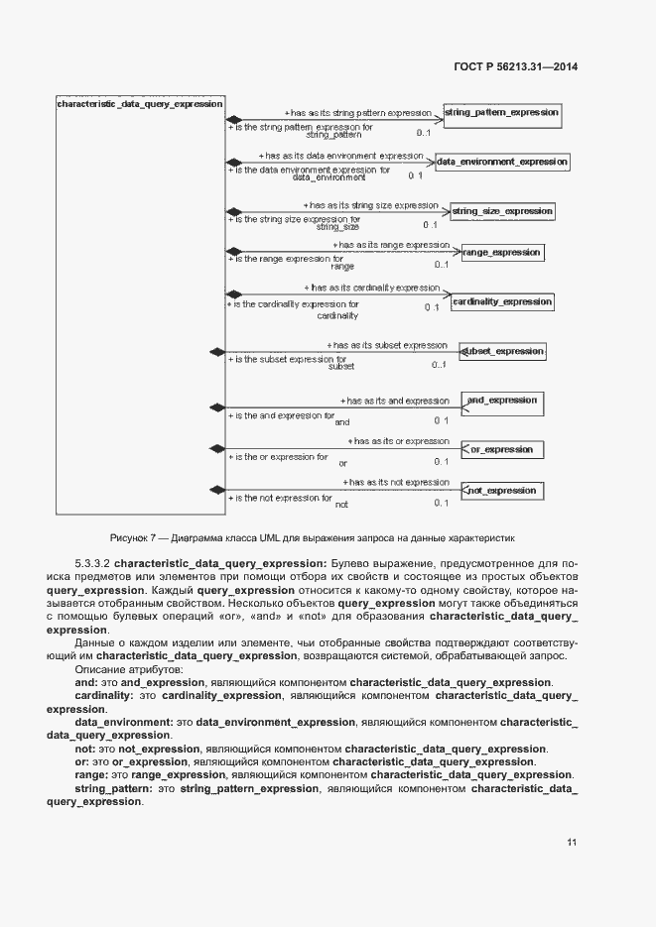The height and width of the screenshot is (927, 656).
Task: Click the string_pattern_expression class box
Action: (501, 113)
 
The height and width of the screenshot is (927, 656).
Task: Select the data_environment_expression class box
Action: (502, 162)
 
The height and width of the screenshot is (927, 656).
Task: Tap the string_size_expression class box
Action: (501, 211)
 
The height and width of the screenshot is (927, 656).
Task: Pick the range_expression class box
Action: (501, 253)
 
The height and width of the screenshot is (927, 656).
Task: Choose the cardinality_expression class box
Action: (501, 301)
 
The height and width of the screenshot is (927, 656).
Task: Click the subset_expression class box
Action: (502, 351)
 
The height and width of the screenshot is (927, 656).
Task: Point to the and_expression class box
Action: (501, 401)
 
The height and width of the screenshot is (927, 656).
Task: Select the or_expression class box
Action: (501, 449)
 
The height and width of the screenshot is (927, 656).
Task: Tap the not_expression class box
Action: (501, 490)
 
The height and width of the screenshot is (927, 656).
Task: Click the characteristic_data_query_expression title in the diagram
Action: (140, 103)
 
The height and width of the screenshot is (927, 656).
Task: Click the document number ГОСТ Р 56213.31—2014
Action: (515, 66)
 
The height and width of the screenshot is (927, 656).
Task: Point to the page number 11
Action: (572, 842)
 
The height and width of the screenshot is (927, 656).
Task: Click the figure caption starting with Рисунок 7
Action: (313, 537)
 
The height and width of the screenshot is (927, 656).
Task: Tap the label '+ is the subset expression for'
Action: (288, 359)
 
